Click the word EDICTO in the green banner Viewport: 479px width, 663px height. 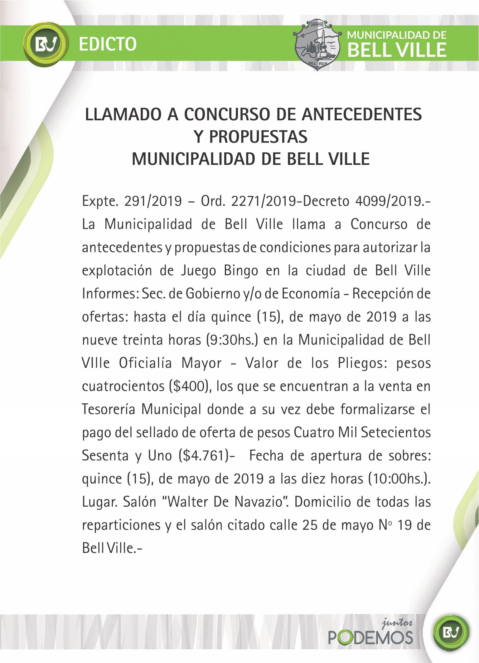click(x=108, y=44)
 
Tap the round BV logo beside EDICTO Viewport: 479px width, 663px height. click(x=46, y=44)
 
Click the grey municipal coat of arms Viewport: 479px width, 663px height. click(x=317, y=45)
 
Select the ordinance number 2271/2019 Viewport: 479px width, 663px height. click(x=264, y=201)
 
